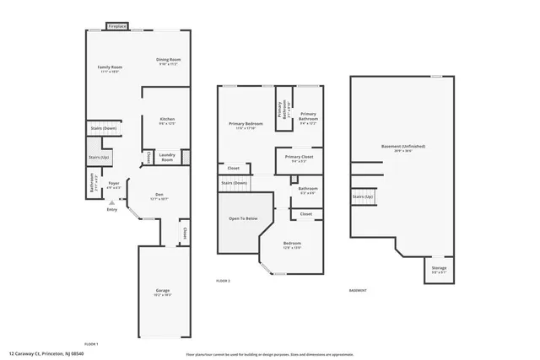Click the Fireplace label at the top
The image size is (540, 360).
click(x=117, y=27)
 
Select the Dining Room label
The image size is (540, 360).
click(x=168, y=59)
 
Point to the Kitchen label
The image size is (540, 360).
click(x=167, y=120)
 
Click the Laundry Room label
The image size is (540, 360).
click(x=167, y=157)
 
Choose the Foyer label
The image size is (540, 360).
click(x=113, y=182)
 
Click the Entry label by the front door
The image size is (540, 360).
click(x=111, y=210)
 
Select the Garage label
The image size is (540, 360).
click(x=162, y=291)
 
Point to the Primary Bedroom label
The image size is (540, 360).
click(x=246, y=124)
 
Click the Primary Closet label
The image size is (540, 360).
click(x=299, y=157)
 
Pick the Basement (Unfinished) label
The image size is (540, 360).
click(x=402, y=146)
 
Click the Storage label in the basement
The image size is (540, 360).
click(x=440, y=268)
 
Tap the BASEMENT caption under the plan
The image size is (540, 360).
click(x=358, y=291)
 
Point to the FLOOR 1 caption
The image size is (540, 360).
click(x=91, y=343)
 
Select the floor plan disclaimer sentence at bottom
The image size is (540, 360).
click(x=269, y=354)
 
